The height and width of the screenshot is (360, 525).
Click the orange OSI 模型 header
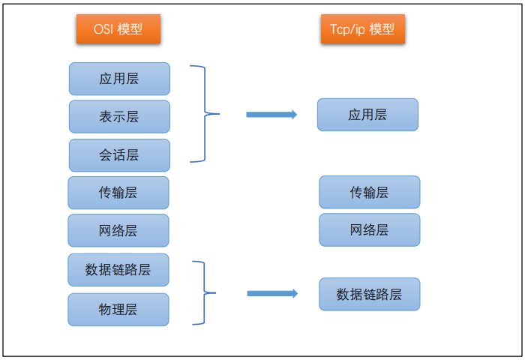click(118, 29)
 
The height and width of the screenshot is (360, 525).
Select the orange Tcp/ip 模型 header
click(362, 29)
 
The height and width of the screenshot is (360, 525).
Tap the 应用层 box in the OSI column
click(119, 79)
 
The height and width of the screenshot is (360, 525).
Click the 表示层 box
click(119, 117)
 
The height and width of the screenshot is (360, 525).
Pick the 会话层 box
click(119, 155)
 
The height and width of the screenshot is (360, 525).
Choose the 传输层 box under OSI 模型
click(118, 193)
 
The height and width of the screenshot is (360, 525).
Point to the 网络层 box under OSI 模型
click(118, 230)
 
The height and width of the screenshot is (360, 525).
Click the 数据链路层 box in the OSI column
click(118, 270)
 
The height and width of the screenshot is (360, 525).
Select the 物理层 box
click(118, 309)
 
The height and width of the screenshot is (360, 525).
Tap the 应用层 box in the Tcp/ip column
click(367, 115)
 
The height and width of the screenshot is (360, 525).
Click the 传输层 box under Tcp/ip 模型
click(369, 192)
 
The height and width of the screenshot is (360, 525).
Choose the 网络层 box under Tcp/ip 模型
click(369, 229)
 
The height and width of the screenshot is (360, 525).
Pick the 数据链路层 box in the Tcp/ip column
click(369, 294)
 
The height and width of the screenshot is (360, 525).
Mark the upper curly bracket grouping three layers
click(204, 114)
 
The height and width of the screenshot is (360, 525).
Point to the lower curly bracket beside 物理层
click(203, 293)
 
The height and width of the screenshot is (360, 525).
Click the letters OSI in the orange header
click(103, 29)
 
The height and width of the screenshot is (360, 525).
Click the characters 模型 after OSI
click(130, 29)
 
